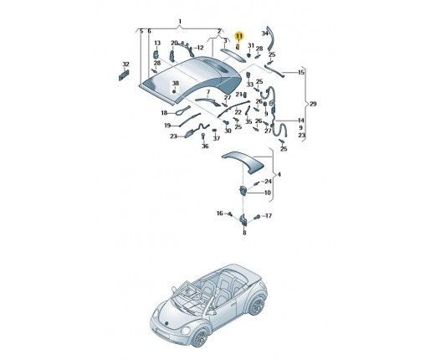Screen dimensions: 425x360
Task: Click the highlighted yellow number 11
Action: [x=239, y=36]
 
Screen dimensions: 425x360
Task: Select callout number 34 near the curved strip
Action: [x=264, y=33]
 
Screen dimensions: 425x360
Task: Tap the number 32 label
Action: [x=126, y=64]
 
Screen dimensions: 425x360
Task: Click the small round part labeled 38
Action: [x=174, y=91]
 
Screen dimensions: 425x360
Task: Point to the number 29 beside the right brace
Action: [x=313, y=104]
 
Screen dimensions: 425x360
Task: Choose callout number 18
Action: [x=164, y=113]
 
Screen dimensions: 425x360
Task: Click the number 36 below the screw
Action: [x=205, y=146]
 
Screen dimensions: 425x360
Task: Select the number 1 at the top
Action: [x=180, y=21]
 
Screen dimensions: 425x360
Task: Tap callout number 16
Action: [x=220, y=213]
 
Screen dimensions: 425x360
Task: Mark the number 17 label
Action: [x=269, y=216]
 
